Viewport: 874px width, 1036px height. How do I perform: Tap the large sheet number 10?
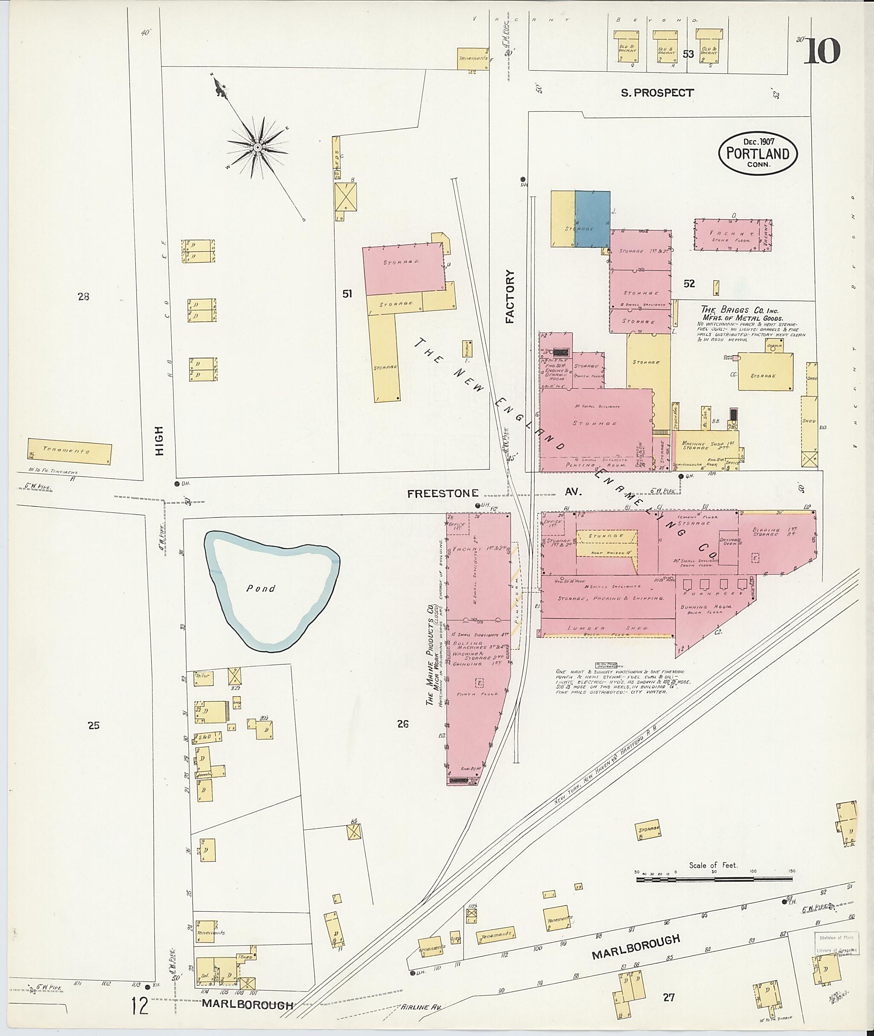click(x=822, y=51)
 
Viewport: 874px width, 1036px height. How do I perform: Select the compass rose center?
click(x=258, y=148)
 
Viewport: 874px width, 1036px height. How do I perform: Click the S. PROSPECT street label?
click(x=657, y=93)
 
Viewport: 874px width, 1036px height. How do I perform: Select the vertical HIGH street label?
click(x=159, y=440)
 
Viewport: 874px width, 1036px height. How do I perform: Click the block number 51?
click(x=347, y=294)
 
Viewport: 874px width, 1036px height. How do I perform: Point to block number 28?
click(x=83, y=296)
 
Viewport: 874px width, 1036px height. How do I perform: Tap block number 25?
click(x=93, y=725)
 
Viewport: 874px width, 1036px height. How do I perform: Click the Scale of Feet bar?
click(x=714, y=879)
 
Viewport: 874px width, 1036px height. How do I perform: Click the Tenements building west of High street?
click(x=70, y=451)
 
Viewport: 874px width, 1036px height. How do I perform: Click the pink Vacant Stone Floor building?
click(x=732, y=235)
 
